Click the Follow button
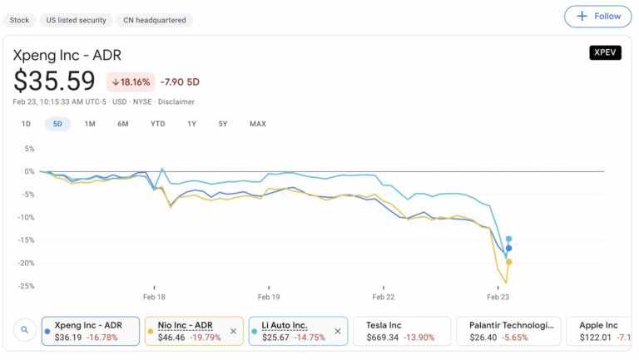click(x=597, y=16)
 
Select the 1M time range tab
click(x=90, y=124)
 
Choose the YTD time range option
click(x=157, y=124)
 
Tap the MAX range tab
click(x=258, y=124)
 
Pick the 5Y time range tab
click(x=223, y=124)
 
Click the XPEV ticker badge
click(x=605, y=52)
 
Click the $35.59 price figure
click(x=55, y=81)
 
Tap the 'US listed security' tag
click(x=76, y=19)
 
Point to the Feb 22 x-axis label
click(x=383, y=297)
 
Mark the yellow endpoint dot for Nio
click(x=508, y=262)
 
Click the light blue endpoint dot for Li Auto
click(x=508, y=239)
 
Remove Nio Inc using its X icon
click(x=233, y=331)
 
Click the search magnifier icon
click(x=25, y=330)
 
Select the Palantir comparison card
click(x=508, y=331)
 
